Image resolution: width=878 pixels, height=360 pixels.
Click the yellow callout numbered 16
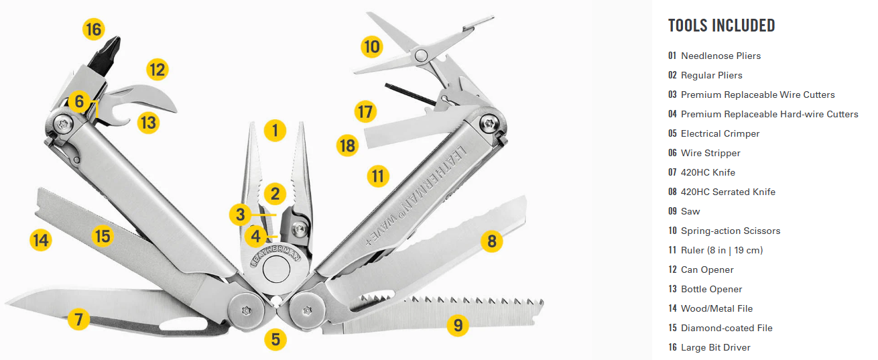pyautogui.click(x=94, y=29)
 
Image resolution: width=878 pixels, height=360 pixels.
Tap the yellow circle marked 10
pyautogui.click(x=371, y=47)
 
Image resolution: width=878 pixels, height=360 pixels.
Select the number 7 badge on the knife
pyautogui.click(x=79, y=319)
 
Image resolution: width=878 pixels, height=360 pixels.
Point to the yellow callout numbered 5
pyautogui.click(x=275, y=339)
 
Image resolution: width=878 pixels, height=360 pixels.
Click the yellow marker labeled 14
pyautogui.click(x=41, y=240)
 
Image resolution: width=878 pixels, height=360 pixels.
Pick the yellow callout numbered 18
pyautogui.click(x=348, y=145)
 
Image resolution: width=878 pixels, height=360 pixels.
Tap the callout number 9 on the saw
pyautogui.click(x=458, y=325)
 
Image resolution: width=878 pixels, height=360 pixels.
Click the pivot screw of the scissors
pyautogui.click(x=421, y=56)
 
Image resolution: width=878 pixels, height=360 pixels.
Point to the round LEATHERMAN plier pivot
pyautogui.click(x=276, y=269)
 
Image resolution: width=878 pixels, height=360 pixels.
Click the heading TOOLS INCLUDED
pyautogui.click(x=722, y=25)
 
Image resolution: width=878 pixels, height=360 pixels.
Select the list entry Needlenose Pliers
pyautogui.click(x=720, y=56)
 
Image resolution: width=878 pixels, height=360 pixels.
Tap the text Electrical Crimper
pyautogui.click(x=720, y=133)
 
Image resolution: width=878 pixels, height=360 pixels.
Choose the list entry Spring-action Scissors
pyautogui.click(x=731, y=231)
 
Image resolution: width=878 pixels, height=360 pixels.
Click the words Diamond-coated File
pyautogui.click(x=727, y=328)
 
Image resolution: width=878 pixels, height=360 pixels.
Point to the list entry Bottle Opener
pyautogui.click(x=711, y=289)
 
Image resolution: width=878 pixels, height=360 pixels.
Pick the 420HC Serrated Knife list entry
pyautogui.click(x=728, y=192)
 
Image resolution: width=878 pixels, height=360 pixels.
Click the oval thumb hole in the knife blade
pyautogui.click(x=184, y=324)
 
